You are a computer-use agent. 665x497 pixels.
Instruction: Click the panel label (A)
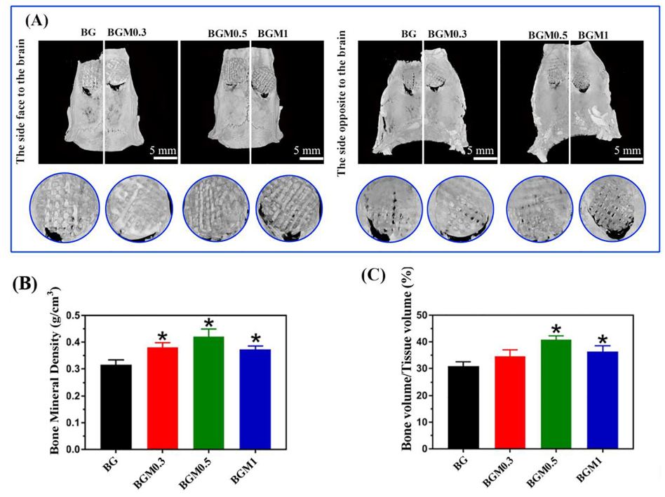[x=36, y=20]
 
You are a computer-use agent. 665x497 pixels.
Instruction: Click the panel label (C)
[x=374, y=274]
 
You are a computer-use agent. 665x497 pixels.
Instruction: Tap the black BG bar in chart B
[x=113, y=407]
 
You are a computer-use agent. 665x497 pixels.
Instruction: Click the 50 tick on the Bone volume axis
[x=423, y=315]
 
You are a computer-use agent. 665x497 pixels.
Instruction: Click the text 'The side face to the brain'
[x=20, y=100]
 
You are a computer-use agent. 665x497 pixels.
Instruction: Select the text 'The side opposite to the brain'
[x=342, y=100]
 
